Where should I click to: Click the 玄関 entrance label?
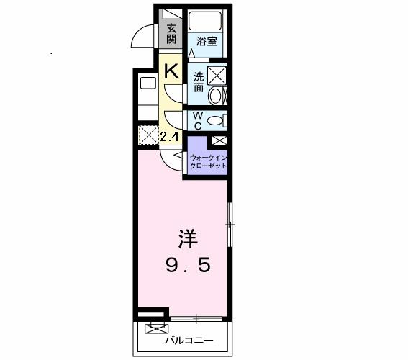tap(171, 34)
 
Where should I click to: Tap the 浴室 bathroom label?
tap(207, 41)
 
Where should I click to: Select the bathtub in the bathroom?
tap(205, 21)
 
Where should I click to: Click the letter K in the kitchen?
tap(172, 71)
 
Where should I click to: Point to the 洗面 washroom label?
tap(199, 82)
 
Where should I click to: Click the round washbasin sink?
tap(215, 96)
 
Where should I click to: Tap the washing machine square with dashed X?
tap(217, 76)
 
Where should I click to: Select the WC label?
tap(199, 120)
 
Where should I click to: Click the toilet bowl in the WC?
tap(215, 120)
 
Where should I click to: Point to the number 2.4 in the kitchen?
tap(170, 137)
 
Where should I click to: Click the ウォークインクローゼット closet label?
tap(209, 162)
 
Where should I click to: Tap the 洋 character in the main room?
tap(188, 239)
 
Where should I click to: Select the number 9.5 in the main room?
tap(188, 265)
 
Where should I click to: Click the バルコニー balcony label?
tap(189, 341)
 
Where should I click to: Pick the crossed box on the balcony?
tap(156, 329)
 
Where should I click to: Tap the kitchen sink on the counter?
tap(148, 83)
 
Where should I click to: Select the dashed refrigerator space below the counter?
tap(148, 135)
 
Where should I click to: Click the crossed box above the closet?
tap(219, 140)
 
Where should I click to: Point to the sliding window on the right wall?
tap(230, 225)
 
